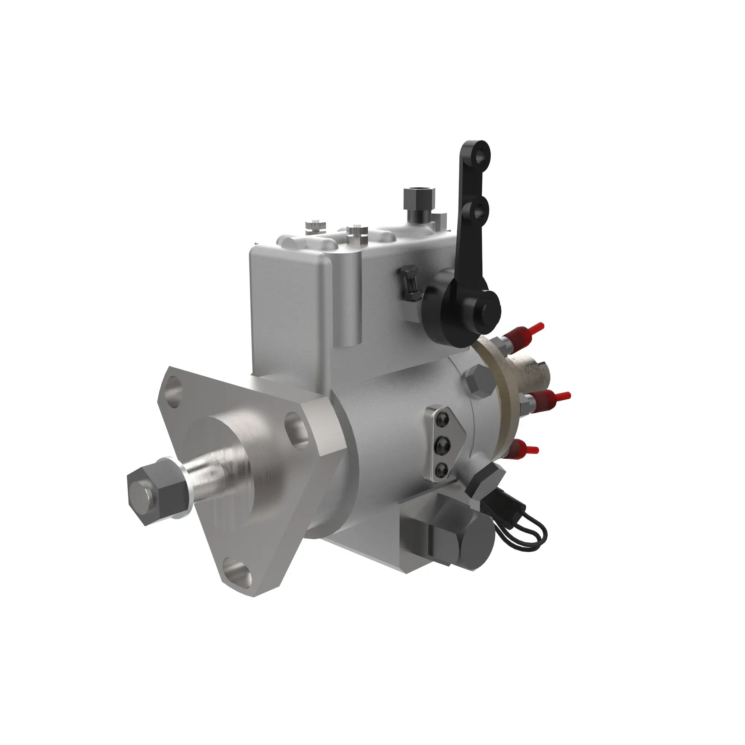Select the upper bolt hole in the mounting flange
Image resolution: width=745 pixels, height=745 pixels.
tap(173, 393)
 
